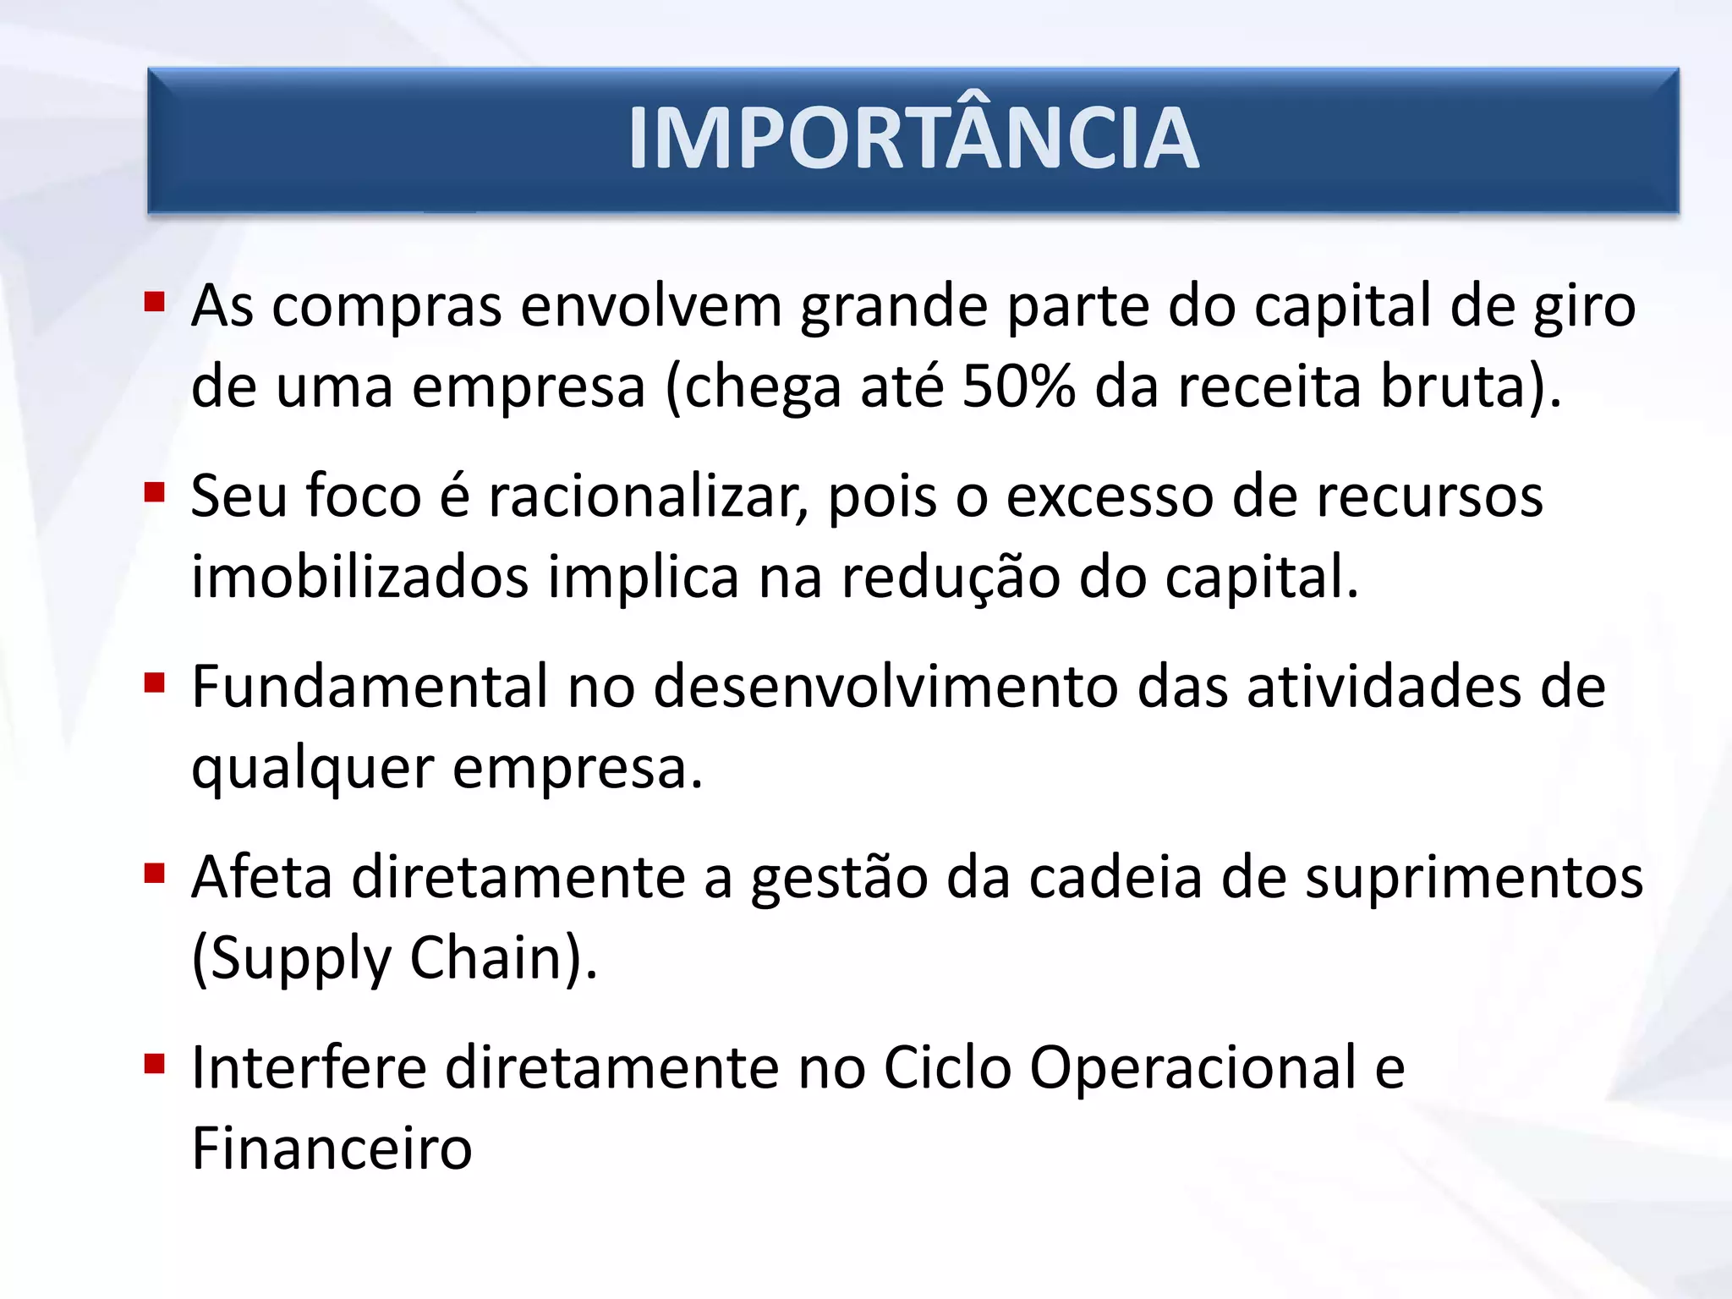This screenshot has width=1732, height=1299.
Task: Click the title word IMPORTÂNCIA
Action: point(913,138)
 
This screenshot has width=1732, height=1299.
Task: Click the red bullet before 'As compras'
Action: point(154,302)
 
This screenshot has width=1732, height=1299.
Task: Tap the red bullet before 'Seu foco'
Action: point(154,492)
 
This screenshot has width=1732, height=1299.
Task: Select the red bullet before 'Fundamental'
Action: point(154,682)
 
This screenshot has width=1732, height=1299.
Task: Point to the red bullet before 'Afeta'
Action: point(154,873)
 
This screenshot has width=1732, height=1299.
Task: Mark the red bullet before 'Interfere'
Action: point(154,1063)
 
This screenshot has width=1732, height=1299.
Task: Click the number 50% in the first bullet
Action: point(1018,386)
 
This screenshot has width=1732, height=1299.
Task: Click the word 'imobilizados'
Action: point(360,577)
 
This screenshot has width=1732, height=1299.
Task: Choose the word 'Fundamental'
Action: point(370,686)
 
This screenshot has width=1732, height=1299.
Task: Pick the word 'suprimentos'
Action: point(1474,878)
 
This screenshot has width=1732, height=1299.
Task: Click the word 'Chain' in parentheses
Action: point(486,958)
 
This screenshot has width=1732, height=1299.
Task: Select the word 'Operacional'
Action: point(1192,1067)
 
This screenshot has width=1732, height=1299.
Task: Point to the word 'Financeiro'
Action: point(332,1148)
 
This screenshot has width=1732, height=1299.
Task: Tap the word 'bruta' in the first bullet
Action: point(1452,386)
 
